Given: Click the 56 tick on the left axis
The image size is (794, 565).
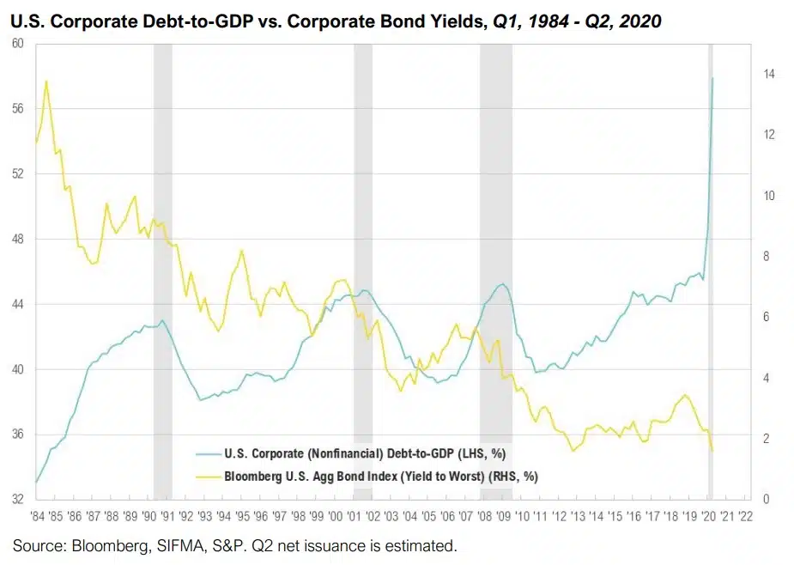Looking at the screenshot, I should [16, 108].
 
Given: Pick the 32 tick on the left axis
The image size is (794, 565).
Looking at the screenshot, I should [16, 497].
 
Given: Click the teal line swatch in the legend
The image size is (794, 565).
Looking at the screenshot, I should [209, 452].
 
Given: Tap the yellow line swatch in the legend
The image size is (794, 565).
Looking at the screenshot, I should [209, 475].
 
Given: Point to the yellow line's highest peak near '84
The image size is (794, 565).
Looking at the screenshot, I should [45, 82].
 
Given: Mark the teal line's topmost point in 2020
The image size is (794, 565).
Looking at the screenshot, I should [712, 78].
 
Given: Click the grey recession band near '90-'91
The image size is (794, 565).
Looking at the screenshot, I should [162, 258].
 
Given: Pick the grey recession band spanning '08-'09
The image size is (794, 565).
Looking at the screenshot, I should [495, 258].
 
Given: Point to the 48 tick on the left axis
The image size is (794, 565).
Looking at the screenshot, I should [16, 239].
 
